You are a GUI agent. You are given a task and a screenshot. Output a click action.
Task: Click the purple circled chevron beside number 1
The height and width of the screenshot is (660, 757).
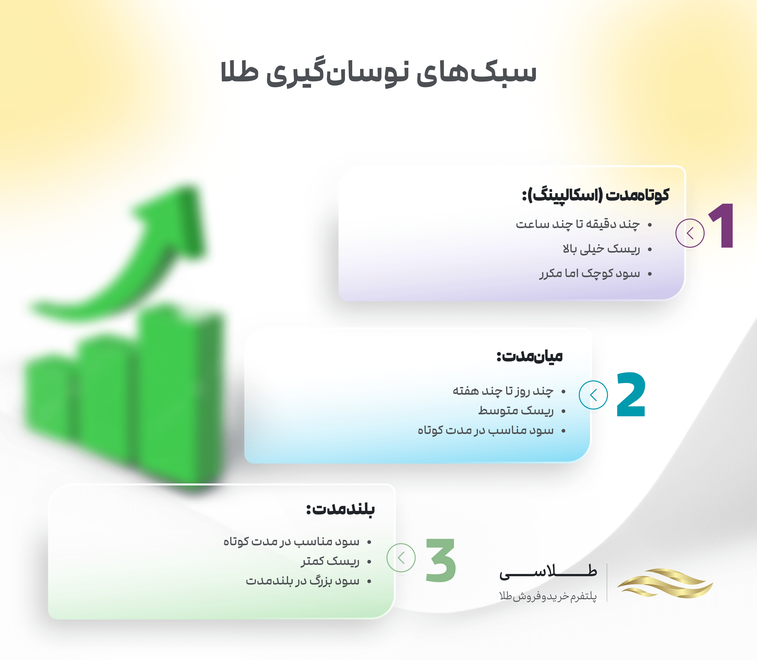(x=690, y=233)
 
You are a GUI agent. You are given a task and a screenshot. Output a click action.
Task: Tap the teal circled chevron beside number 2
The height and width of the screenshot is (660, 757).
(x=593, y=395)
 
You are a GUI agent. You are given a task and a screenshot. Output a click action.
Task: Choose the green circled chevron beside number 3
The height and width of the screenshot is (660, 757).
(x=401, y=558)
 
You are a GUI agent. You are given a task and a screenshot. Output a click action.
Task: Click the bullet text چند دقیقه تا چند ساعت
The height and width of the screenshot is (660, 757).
(x=577, y=224)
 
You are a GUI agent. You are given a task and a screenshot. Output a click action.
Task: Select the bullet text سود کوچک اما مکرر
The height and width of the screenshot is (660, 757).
(x=590, y=273)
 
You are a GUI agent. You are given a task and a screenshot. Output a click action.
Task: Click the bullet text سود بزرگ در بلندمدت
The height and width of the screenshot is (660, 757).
(x=302, y=581)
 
